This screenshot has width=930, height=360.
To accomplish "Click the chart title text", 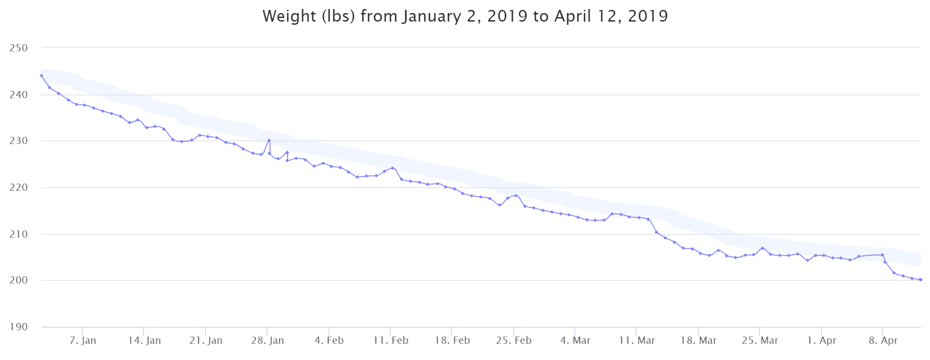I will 465,16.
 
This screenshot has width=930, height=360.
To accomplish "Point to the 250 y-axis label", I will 18,48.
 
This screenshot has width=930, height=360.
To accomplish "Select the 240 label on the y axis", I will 18,94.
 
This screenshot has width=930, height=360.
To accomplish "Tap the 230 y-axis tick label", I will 18,141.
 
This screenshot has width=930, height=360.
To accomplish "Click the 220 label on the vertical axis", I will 18,188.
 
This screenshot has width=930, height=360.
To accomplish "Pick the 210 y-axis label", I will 18,234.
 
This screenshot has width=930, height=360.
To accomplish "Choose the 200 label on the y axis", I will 18,280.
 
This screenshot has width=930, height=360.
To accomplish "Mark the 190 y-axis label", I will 18,327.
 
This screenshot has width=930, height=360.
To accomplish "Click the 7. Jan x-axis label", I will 83,341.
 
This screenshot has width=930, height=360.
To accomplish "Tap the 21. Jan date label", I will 206,341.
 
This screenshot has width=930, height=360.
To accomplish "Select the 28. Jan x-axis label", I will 267,341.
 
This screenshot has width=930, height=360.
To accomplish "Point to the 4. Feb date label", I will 329,341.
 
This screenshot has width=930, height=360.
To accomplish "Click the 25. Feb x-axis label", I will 514,341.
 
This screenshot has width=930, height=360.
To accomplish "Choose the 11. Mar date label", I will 637,341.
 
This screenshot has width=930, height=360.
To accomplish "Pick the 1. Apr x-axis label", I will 822,341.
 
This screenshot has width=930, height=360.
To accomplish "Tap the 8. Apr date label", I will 883,341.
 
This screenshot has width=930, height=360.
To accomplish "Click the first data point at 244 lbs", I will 41,76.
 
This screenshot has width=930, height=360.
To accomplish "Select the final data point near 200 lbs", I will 921,279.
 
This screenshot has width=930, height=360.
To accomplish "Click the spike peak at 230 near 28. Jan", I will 269,140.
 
